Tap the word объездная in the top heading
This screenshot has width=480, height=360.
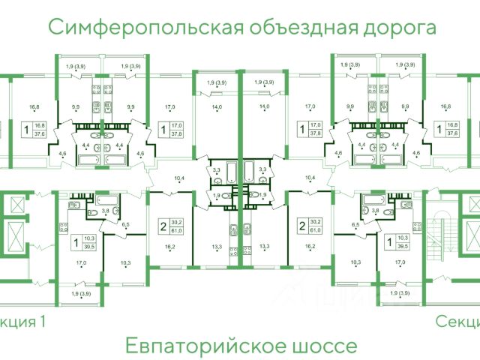tap(287, 28)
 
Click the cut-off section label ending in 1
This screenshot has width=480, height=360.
tap(22, 322)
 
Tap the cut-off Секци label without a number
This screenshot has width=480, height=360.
tap(458, 322)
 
